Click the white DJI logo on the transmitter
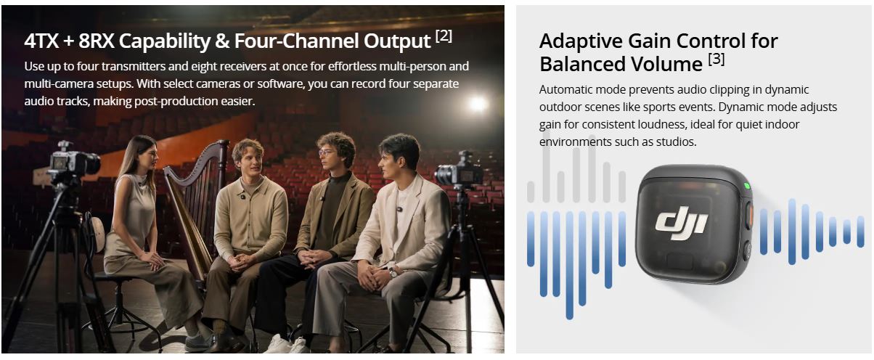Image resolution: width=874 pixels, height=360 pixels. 682,225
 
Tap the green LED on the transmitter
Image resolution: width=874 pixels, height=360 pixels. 747,186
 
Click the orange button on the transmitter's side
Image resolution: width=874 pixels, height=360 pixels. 750,216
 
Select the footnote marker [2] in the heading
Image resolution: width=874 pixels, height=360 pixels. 444,36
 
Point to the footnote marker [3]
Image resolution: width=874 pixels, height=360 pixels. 716,60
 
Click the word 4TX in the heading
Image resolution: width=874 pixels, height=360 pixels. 41,41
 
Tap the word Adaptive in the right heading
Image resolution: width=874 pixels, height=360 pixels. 580,41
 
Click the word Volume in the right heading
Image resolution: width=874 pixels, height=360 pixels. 667,65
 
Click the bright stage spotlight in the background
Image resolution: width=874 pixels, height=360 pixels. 477,104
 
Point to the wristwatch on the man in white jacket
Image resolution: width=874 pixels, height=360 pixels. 393,271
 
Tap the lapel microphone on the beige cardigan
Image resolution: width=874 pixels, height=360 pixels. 242,197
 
